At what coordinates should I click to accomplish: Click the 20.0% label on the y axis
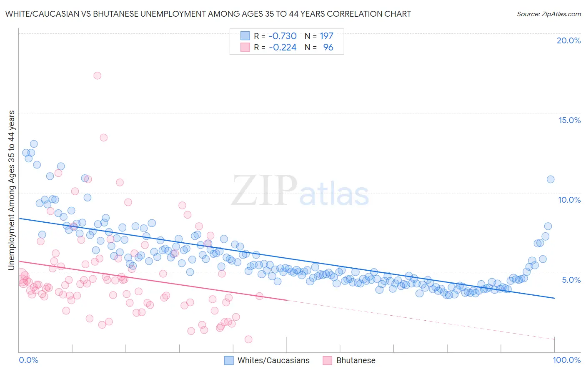pyautogui.click(x=568, y=40)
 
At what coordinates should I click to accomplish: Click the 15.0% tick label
pyautogui.click(x=569, y=120)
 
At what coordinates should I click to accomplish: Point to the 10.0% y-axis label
pyautogui.click(x=569, y=200)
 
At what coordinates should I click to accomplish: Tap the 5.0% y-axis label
pyautogui.click(x=571, y=280)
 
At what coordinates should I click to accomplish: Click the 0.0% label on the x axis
pyautogui.click(x=28, y=360)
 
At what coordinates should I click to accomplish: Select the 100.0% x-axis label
pyautogui.click(x=566, y=360)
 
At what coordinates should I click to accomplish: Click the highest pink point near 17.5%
pyautogui.click(x=97, y=75)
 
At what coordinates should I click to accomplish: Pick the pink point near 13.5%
pyautogui.click(x=103, y=138)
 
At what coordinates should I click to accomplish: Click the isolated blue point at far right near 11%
pyautogui.click(x=550, y=179)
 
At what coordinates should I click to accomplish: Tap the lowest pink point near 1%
pyautogui.click(x=248, y=339)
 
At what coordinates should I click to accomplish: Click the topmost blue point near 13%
pyautogui.click(x=34, y=144)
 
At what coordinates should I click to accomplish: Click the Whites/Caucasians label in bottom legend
pyautogui.click(x=273, y=360)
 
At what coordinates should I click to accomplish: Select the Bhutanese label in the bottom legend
pyautogui.click(x=356, y=360)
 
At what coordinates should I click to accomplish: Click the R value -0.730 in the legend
pyautogui.click(x=282, y=36)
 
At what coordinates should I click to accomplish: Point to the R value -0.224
pyautogui.click(x=282, y=48)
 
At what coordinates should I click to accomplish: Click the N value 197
pyautogui.click(x=326, y=36)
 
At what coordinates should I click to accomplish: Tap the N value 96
pyautogui.click(x=328, y=48)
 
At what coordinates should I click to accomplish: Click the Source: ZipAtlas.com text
pyautogui.click(x=548, y=14)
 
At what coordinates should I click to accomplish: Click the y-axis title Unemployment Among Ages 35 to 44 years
pyautogui.click(x=12, y=190)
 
